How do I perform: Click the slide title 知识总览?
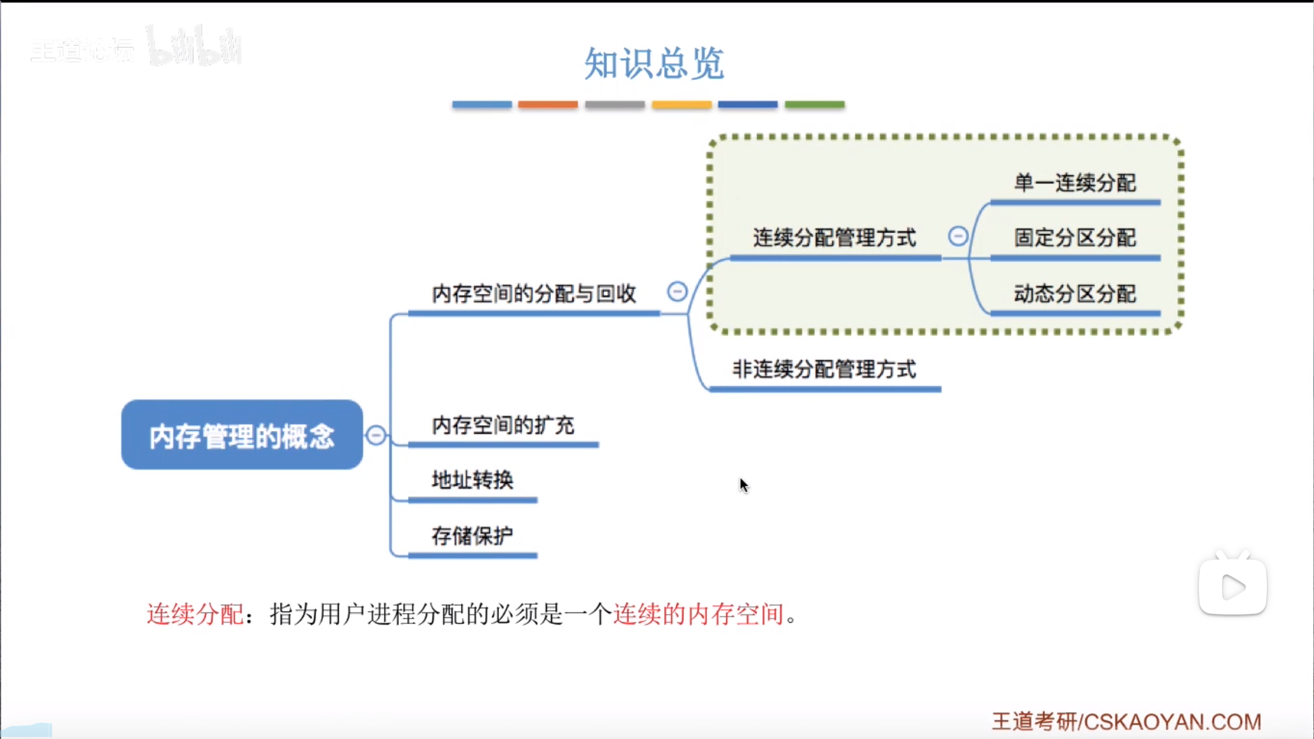pos(654,64)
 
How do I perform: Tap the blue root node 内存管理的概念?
pos(242,435)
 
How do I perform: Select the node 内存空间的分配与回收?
pos(534,294)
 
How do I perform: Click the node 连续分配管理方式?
pos(834,237)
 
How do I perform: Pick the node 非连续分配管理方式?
pos(824,369)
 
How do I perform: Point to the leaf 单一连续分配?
pos(1074,183)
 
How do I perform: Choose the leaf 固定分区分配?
pos(1074,237)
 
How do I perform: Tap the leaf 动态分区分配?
pos(1074,294)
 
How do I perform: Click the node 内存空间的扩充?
pos(503,425)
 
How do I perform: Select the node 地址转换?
pos(472,480)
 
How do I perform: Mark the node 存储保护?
pos(472,536)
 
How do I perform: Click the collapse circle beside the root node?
pos(376,435)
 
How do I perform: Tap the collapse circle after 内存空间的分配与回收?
pos(678,292)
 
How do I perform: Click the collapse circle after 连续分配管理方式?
pos(958,236)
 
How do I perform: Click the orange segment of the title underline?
pos(547,105)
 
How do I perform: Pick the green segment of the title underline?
pos(814,105)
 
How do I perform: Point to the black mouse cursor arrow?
pos(743,484)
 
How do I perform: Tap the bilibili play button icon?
pos(1233,587)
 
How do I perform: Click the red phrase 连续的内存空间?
pos(698,614)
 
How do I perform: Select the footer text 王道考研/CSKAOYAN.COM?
pos(1126,722)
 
